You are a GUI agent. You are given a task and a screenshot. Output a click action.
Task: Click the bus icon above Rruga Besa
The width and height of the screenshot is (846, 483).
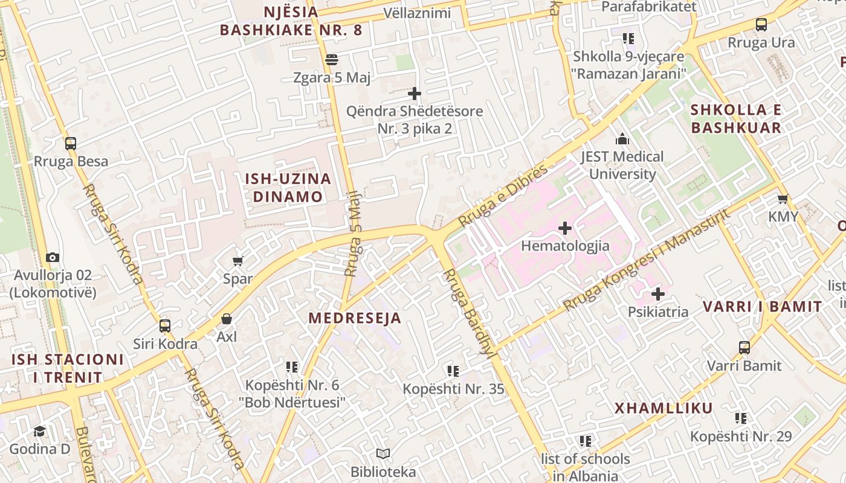pos(71,144)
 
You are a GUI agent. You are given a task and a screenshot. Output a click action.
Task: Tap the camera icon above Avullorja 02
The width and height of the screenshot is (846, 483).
pos(53,257)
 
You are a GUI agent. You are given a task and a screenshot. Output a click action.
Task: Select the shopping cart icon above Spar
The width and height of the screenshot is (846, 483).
pos(237,261)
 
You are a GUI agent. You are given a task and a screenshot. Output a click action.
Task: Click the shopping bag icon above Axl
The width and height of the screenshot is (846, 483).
pos(227,318)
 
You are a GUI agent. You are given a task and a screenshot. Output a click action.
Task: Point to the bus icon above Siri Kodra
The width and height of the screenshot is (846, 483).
pos(165,326)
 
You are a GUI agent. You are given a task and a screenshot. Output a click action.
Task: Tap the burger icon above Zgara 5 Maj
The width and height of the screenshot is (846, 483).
pos(331,60)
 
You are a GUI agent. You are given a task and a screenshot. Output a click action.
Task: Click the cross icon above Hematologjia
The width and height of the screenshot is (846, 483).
pos(565,228)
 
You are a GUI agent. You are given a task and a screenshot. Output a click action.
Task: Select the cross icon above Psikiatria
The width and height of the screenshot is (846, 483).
pos(658,294)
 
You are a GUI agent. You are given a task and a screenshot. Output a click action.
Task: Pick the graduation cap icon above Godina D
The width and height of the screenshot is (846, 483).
pos(39,431)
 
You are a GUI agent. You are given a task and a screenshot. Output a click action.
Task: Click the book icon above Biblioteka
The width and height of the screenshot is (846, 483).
pos(383,453)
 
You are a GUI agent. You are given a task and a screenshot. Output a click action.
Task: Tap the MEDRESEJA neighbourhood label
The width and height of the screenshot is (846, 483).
pos(355,318)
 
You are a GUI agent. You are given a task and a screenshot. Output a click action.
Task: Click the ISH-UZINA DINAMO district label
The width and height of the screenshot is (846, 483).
pos(288,188)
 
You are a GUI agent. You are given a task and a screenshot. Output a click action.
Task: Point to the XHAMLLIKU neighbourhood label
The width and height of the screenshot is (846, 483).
pos(664,408)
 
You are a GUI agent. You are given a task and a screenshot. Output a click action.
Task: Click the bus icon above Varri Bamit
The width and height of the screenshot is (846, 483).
pos(744,348)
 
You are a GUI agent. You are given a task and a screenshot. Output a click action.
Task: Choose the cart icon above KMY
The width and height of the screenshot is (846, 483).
pos(783,199)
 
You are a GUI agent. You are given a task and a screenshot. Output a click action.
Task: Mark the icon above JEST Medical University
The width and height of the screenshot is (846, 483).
pos(622,139)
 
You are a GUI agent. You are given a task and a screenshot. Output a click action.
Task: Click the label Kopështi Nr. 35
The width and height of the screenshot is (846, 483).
pos(453,389)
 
